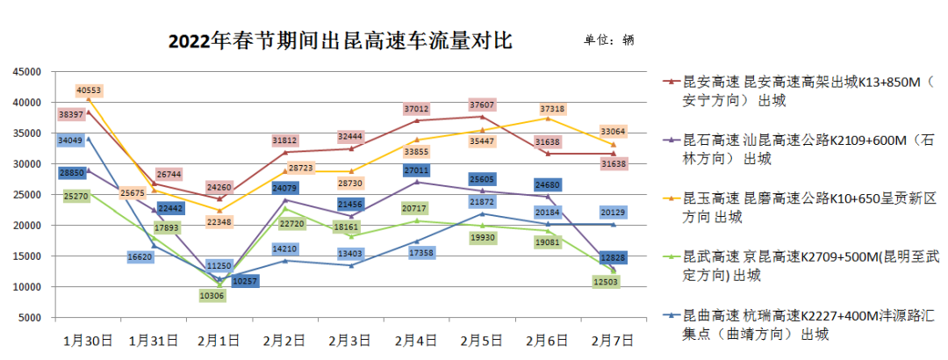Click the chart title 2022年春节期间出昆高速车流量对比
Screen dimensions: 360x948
click(340, 41)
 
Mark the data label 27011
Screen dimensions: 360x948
click(415, 170)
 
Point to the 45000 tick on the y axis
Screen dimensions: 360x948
click(27, 72)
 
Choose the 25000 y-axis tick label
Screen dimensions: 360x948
click(27, 195)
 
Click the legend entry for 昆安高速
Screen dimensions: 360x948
click(799, 91)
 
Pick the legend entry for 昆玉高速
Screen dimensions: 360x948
click(799, 207)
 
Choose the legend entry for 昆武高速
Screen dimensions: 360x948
click(799, 266)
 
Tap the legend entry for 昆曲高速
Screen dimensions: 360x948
click(799, 325)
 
